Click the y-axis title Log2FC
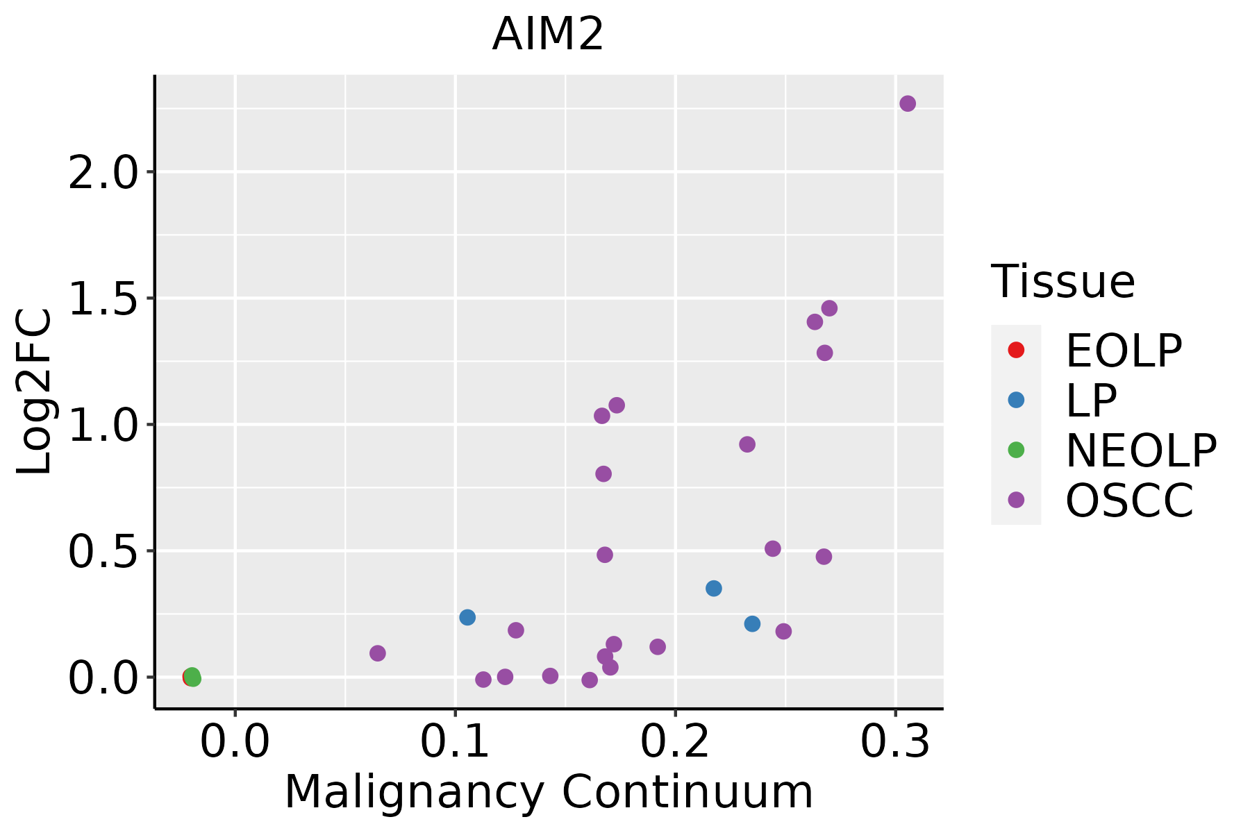pos(35,392)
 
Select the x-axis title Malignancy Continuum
pos(549,793)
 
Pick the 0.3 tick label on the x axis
pos(895,741)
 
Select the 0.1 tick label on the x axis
pos(455,741)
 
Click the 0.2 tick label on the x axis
pos(675,741)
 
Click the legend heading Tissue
pos(1063,281)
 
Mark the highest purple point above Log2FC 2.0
pos(908,103)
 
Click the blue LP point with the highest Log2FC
pos(714,588)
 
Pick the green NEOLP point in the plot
pos(192,676)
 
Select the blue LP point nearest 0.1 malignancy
pos(467,617)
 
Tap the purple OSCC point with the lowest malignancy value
pos(378,653)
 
